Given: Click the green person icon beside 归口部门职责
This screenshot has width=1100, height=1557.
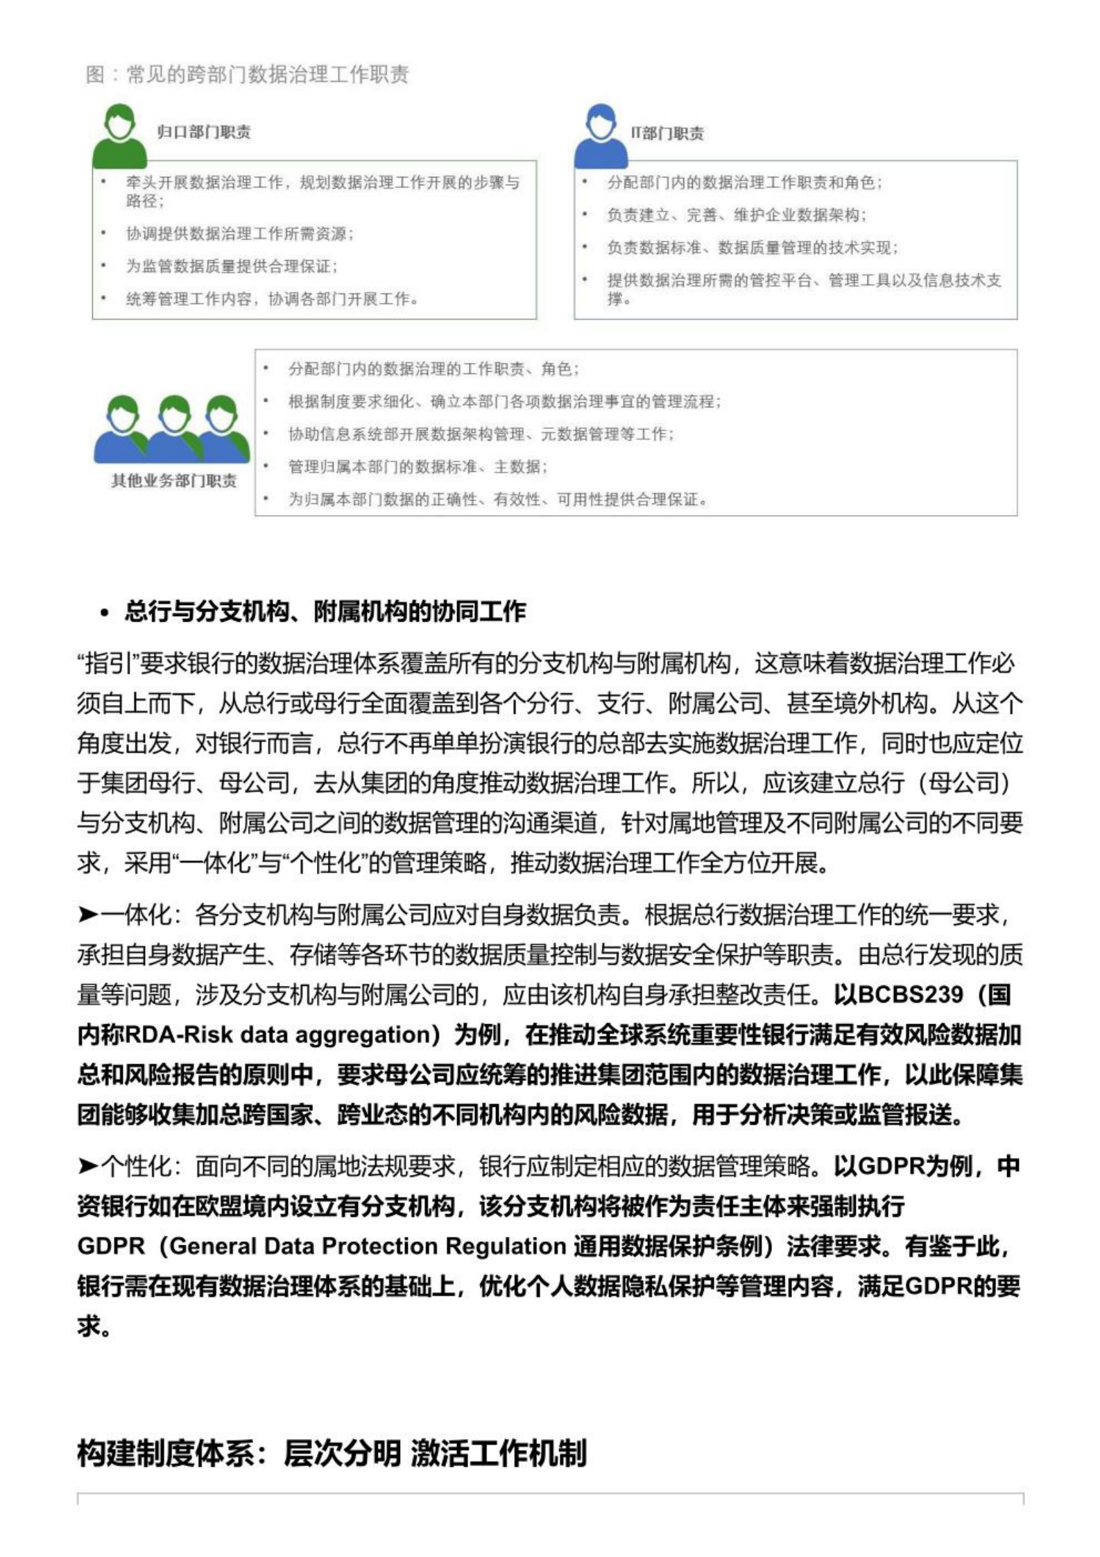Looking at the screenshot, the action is pos(119,136).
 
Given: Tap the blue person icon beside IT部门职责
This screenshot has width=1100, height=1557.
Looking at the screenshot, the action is pos(601,136).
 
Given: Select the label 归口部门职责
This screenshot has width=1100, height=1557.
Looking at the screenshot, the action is pos(203,132).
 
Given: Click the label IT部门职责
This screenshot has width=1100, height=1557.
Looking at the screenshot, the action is pos(667,133).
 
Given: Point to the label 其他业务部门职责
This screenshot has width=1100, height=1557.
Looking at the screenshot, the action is pos(173,480).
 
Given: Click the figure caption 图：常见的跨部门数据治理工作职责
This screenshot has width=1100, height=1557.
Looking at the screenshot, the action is pos(247,74).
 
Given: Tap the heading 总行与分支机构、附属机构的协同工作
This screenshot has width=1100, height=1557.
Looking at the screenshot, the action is pos(325,611).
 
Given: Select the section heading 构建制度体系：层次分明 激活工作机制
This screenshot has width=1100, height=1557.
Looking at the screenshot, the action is pos(332,1452).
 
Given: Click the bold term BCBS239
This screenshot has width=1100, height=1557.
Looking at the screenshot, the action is pos(910,994).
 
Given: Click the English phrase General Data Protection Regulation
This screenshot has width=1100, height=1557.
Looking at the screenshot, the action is pos(368,1245).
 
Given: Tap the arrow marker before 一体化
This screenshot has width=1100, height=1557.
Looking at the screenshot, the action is pos(87,915).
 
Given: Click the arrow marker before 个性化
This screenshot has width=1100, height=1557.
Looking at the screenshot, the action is pos(87,1166).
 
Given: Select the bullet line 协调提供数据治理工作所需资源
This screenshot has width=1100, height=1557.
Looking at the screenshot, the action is pos(240,234).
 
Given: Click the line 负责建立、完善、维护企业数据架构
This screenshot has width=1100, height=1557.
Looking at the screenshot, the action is pos(737,215).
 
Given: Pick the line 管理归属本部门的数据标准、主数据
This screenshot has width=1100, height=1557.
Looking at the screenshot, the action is pos(418,466).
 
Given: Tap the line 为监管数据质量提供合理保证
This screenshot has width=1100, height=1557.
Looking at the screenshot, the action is pos(232,266).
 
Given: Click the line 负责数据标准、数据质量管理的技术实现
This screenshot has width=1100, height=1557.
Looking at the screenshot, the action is pos(753,248).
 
